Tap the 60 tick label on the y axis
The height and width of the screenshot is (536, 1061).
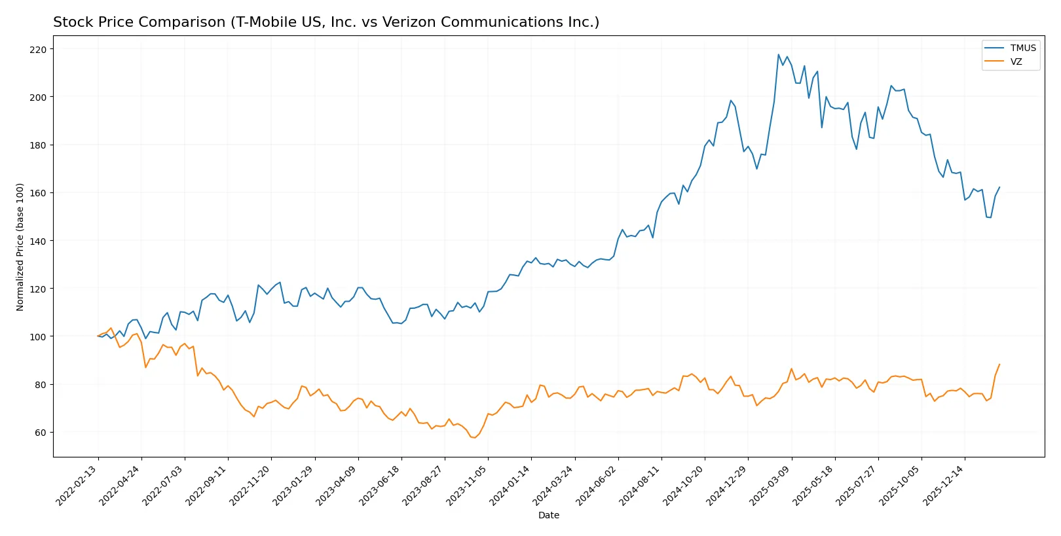point(41,433)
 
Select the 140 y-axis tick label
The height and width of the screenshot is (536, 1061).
point(38,241)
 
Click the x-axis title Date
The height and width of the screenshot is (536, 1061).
point(548,515)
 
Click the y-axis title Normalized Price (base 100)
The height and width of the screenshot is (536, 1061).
point(20,247)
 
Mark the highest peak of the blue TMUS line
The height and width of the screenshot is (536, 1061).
point(778,54)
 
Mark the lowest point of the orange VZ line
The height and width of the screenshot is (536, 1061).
point(474,438)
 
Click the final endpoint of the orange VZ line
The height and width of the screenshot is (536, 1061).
point(999,365)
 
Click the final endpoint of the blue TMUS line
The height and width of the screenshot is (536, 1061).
point(999,187)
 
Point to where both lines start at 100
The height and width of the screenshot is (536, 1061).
point(98,336)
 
